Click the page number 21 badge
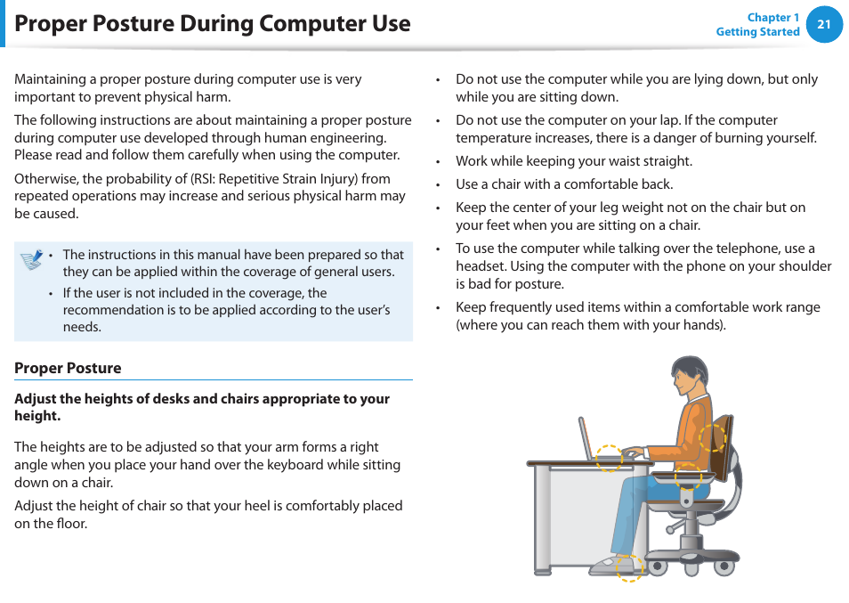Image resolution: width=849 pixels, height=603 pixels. click(x=823, y=25)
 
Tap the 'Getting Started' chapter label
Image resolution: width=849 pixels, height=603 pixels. click(x=757, y=32)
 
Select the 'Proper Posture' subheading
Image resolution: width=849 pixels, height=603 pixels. click(x=68, y=368)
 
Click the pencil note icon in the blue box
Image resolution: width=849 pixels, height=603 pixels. click(x=32, y=259)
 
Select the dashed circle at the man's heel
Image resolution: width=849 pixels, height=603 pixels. click(x=629, y=567)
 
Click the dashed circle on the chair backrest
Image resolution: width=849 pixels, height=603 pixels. click(x=712, y=437)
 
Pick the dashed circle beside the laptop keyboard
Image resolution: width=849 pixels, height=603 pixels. click(x=609, y=457)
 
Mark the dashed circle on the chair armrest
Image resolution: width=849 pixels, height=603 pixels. click(x=687, y=476)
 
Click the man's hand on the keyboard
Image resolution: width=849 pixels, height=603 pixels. click(x=633, y=452)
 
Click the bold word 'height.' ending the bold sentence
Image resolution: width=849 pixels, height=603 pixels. click(x=37, y=416)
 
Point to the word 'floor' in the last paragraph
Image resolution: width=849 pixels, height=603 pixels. click(x=71, y=524)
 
